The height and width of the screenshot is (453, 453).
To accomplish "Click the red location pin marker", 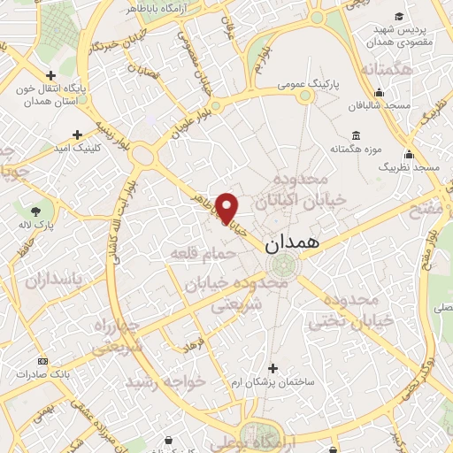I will pyautogui.click(x=227, y=207).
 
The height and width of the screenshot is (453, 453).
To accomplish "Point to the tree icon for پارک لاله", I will pyautogui.click(x=36, y=211).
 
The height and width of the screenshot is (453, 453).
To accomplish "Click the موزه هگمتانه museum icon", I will pyautogui.click(x=356, y=135).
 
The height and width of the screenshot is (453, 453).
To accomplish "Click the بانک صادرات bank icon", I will pyautogui.click(x=42, y=362).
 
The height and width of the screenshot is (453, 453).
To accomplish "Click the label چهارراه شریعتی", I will pyautogui.click(x=115, y=336).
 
